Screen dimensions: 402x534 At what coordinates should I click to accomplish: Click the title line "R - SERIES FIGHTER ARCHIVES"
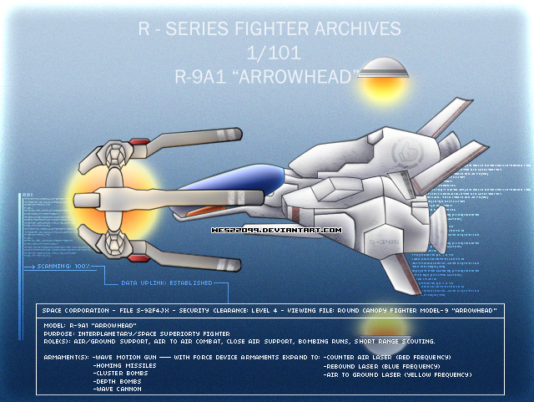[x=269, y=30]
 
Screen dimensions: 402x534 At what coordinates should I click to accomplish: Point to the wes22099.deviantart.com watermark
[x=275, y=229]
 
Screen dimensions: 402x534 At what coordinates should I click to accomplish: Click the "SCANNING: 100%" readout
[x=64, y=267]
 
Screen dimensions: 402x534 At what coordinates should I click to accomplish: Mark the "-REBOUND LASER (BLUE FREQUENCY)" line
[x=381, y=366]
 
